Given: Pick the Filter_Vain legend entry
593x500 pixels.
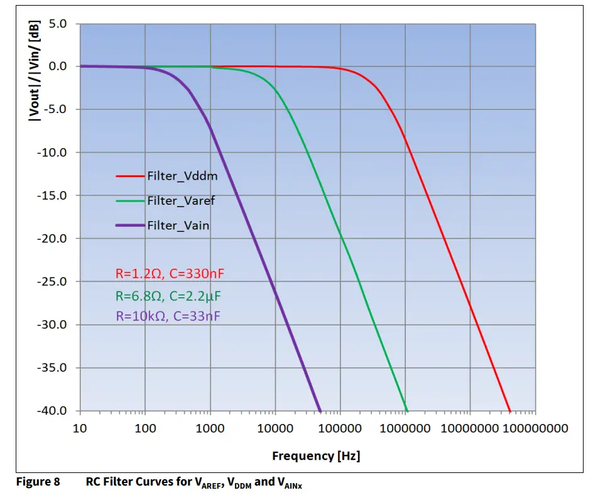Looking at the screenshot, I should pyautogui.click(x=178, y=225).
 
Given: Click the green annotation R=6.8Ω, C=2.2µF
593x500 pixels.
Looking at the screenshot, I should pyautogui.click(x=168, y=295).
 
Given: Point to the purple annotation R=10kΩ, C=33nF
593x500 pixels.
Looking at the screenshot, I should pyautogui.click(x=168, y=317).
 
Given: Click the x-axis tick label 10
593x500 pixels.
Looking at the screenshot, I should pyautogui.click(x=80, y=428).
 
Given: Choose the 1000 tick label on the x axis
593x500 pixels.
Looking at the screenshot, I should pyautogui.click(x=210, y=428).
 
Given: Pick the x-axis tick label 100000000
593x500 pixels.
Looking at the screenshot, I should pyautogui.click(x=534, y=428).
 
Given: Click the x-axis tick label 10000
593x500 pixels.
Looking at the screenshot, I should pyautogui.click(x=275, y=428).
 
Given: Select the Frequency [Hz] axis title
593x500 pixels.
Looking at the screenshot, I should pyautogui.click(x=316, y=455).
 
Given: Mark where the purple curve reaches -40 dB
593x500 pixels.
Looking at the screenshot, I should pyautogui.click(x=320, y=410).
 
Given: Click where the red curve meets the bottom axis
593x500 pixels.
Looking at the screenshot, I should pyautogui.click(x=509, y=410).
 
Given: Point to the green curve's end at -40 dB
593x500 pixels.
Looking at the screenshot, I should pyautogui.click(x=406, y=410).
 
